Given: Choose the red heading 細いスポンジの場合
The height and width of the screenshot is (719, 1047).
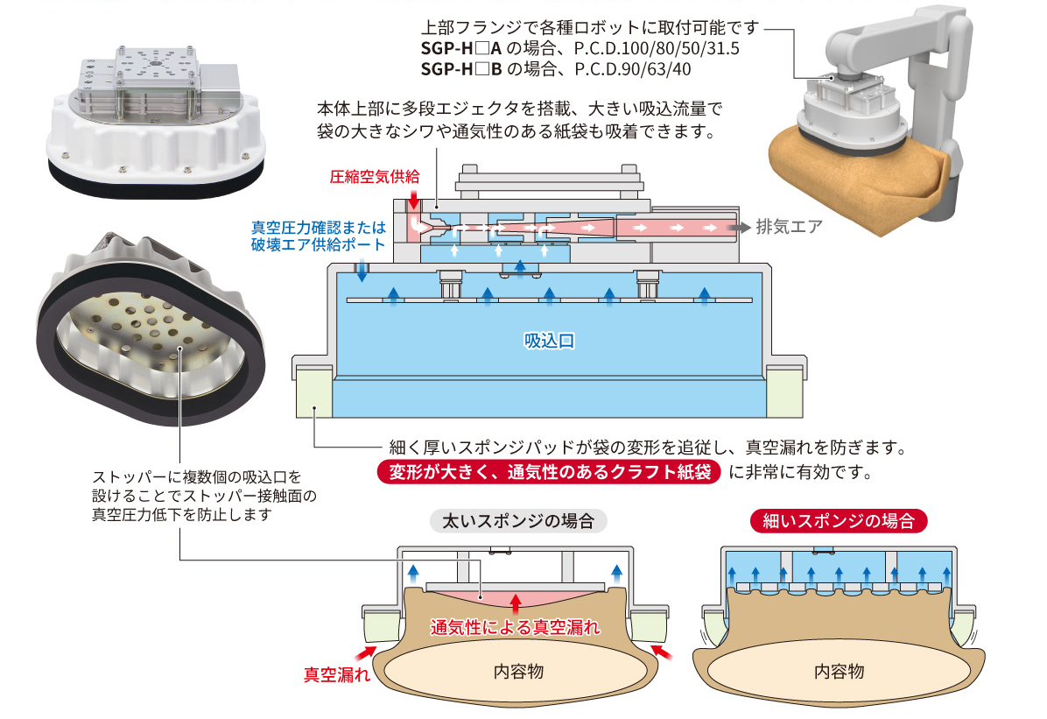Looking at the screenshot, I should (x=839, y=521).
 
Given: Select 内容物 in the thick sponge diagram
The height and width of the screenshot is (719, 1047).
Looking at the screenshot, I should (x=518, y=672).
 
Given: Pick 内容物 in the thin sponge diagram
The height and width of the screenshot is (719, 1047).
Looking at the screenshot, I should (x=839, y=672).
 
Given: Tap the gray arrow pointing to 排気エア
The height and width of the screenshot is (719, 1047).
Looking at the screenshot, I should (x=742, y=227).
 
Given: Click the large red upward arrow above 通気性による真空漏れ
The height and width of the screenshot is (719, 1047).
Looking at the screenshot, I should (x=516, y=603).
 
